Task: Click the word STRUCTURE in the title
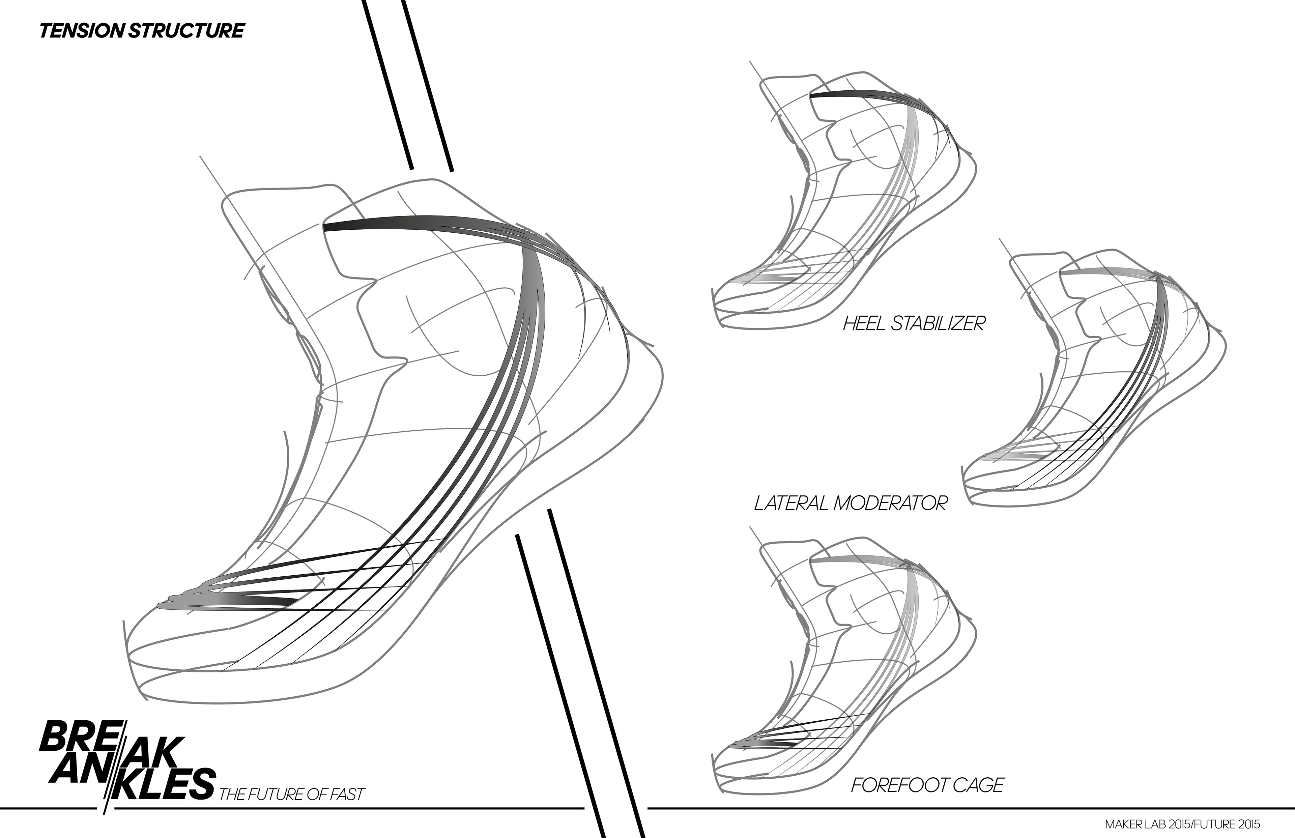click(x=186, y=31)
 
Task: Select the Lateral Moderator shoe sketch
click(x=1094, y=381)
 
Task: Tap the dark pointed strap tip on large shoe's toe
click(x=272, y=600)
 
